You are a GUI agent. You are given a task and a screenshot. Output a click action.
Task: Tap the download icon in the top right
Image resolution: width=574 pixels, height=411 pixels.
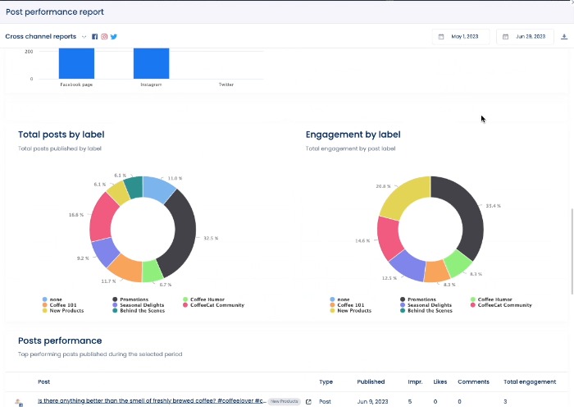click(564, 37)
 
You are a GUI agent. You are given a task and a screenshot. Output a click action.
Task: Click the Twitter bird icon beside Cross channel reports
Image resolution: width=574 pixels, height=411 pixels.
click(114, 37)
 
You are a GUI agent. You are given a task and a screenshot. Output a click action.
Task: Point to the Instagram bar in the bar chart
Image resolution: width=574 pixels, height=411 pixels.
click(151, 63)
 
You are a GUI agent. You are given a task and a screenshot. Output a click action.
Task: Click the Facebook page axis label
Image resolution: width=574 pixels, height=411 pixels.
click(76, 84)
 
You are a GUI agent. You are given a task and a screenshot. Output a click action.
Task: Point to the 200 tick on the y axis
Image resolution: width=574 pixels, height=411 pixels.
click(29, 52)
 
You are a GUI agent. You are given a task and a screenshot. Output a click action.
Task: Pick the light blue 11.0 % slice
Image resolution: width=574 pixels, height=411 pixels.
click(159, 188)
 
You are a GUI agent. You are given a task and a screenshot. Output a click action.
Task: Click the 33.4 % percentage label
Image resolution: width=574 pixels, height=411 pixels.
click(493, 206)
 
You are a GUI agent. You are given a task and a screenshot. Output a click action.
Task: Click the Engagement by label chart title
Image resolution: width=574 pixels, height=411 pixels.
click(353, 135)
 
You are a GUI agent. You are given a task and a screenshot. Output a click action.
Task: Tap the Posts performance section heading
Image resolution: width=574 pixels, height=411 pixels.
click(60, 340)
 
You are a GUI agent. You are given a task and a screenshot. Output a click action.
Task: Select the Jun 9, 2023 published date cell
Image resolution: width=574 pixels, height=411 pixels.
click(371, 402)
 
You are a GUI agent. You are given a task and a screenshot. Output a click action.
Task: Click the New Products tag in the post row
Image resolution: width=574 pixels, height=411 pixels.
click(285, 402)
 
